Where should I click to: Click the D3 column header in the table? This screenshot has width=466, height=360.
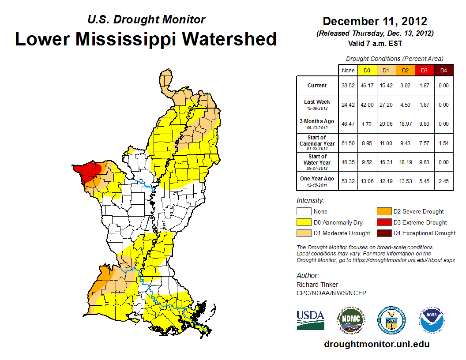pyautogui.click(x=424, y=70)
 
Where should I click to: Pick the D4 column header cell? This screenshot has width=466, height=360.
pyautogui.click(x=443, y=70)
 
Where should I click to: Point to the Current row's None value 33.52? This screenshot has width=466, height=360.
pyautogui.click(x=348, y=86)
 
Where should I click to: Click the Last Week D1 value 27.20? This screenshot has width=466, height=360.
pyautogui.click(x=387, y=105)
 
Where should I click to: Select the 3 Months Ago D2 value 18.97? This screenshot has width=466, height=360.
pyautogui.click(x=406, y=124)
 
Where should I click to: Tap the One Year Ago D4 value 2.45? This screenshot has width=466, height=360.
pyautogui.click(x=443, y=181)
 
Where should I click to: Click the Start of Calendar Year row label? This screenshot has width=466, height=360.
pyautogui.click(x=317, y=143)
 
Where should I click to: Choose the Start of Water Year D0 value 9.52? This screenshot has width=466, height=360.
pyautogui.click(x=368, y=162)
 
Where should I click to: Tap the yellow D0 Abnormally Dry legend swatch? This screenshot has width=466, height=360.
pyautogui.click(x=304, y=222)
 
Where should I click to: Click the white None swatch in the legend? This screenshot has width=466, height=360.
pyautogui.click(x=304, y=211)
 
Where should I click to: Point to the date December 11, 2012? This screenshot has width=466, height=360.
pyautogui.click(x=375, y=21)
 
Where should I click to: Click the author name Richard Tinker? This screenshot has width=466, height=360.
pyautogui.click(x=317, y=285)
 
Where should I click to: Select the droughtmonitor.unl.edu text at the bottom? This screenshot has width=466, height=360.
pyautogui.click(x=376, y=344)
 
